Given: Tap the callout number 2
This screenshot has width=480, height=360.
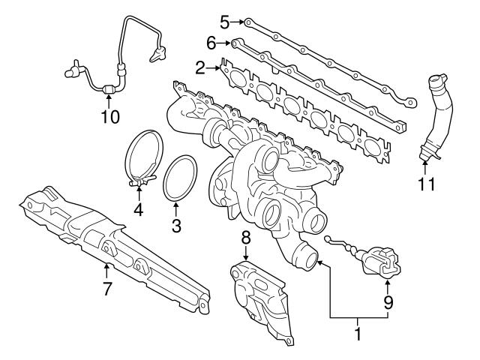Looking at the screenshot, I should [x=200, y=68].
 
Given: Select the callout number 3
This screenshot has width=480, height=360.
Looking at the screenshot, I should [x=176, y=223].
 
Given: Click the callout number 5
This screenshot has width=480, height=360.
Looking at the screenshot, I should [x=224, y=20].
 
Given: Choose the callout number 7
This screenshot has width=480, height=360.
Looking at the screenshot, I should [x=107, y=288].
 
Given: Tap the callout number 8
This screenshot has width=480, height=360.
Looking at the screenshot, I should [x=244, y=238].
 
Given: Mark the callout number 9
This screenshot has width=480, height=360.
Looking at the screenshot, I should [x=388, y=304].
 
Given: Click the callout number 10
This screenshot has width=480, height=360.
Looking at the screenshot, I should [x=110, y=117].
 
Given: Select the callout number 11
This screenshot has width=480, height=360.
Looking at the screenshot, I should [x=426, y=183].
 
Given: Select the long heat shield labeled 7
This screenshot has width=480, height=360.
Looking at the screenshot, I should [x=112, y=240].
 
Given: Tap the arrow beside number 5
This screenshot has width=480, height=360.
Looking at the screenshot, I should [x=239, y=21].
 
